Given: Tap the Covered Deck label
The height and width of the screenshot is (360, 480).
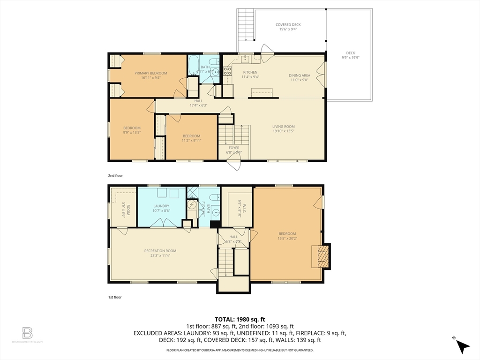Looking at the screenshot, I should (x=288, y=24).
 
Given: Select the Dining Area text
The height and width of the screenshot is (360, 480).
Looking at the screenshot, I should (x=299, y=75).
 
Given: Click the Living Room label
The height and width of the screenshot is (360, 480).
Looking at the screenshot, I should (x=284, y=127).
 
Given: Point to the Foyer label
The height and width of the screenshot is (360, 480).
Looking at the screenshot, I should (x=234, y=148).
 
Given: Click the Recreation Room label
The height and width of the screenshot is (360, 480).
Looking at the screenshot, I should (x=160, y=251).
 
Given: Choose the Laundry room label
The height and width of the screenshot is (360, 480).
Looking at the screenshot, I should (x=161, y=206).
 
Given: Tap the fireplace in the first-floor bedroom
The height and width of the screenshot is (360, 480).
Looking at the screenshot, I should (x=321, y=256).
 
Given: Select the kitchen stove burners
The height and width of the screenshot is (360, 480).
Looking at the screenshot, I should (x=227, y=71).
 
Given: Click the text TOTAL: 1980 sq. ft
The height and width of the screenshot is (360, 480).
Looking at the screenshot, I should (x=240, y=319).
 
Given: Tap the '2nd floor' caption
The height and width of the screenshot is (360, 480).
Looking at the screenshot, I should (x=115, y=175).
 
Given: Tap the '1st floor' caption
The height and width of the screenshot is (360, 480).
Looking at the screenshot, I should (x=115, y=297).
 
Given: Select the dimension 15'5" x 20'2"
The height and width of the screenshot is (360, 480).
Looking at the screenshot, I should (x=287, y=238).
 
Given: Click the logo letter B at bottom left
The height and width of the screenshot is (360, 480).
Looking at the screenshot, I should (x=28, y=333).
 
